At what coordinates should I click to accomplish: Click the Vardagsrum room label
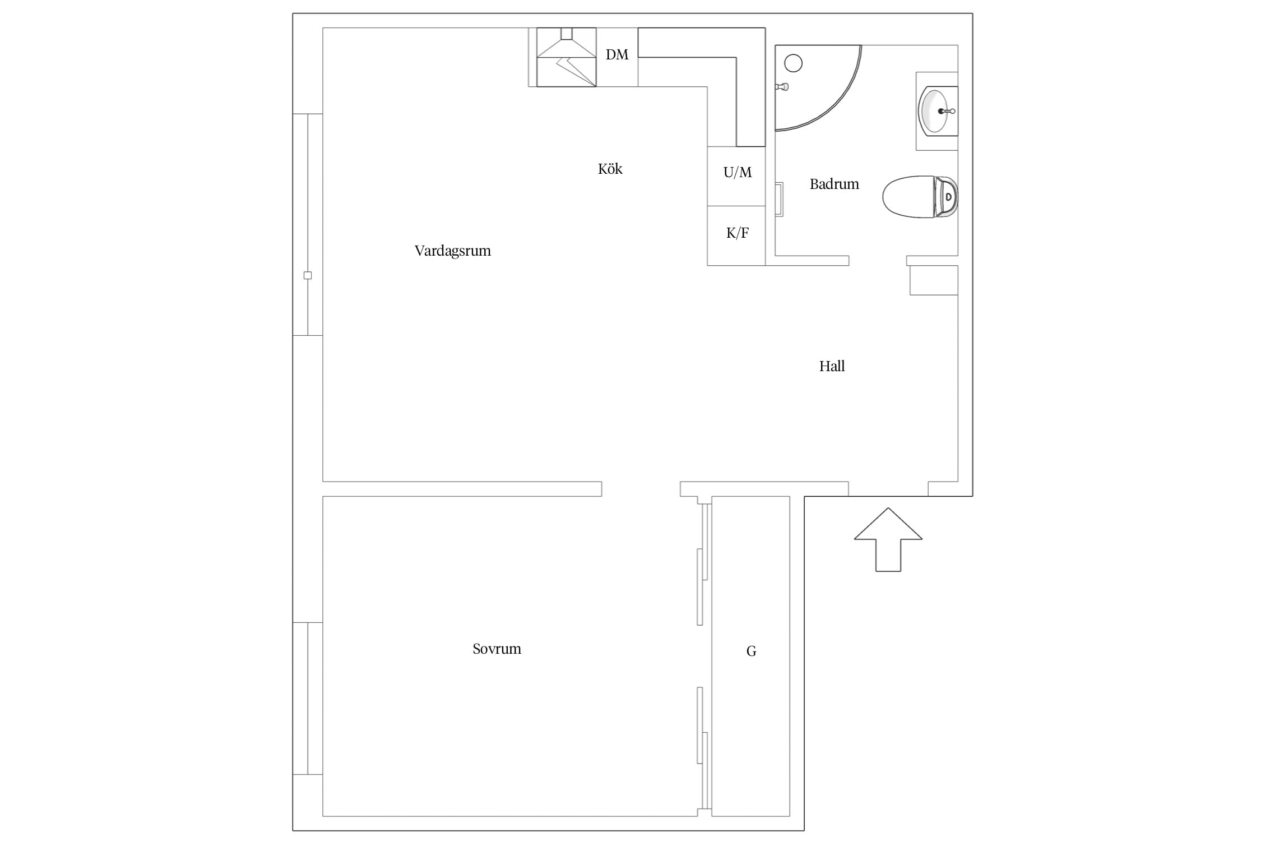[452, 251]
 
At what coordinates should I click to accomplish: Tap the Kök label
[610, 169]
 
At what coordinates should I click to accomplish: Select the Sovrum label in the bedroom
[497, 649]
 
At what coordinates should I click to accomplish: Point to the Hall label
[832, 366]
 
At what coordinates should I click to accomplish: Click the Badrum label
[834, 184]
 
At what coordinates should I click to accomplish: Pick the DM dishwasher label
[617, 54]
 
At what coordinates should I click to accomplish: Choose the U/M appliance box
[736, 176]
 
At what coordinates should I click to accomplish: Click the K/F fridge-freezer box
[736, 235]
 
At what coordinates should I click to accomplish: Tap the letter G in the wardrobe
[752, 651]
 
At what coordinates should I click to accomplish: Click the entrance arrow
[888, 539]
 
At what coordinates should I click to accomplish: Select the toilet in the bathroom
[920, 197]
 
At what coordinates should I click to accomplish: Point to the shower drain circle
[793, 63]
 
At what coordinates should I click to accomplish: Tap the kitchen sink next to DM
[566, 57]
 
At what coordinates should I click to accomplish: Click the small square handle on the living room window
[307, 275]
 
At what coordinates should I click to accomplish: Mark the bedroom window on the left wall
[308, 698]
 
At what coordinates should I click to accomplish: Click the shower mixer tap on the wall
[782, 87]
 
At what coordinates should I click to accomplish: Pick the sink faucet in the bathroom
[947, 112]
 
